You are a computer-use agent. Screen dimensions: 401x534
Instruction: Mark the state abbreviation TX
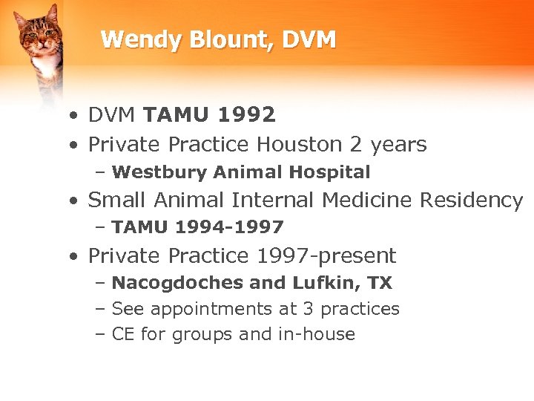click(x=379, y=283)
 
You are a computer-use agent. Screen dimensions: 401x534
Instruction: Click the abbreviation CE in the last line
click(x=123, y=334)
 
